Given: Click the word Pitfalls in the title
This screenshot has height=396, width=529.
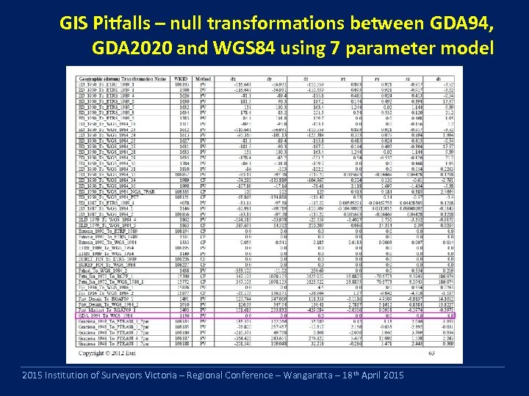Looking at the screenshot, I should pos(128,24).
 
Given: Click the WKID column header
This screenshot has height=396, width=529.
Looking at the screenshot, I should pos(181,78).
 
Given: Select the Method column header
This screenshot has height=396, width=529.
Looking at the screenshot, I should pos(203,78).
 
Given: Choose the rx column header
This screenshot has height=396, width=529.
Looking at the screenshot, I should pos(357,78).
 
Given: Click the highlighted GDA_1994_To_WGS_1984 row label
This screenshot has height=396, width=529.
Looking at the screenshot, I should pos(110,316).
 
